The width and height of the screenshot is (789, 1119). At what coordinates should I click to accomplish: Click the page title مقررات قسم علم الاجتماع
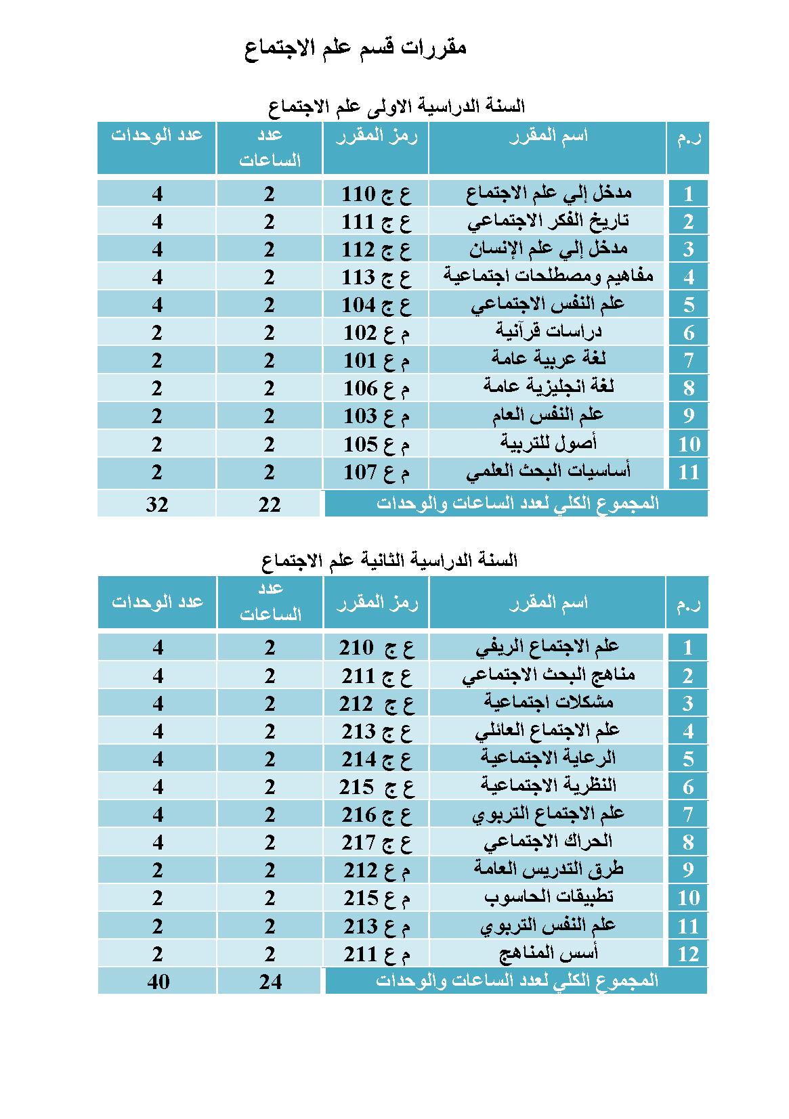tap(355, 48)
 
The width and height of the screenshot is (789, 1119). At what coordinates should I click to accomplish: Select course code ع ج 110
tap(376, 194)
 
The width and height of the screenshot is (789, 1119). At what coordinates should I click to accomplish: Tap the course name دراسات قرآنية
tap(549, 332)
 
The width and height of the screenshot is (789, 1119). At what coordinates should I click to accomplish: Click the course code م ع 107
tap(376, 472)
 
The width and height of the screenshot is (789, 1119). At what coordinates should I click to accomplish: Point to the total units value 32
tap(157, 504)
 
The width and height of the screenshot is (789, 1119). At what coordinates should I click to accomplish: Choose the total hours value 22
tap(270, 504)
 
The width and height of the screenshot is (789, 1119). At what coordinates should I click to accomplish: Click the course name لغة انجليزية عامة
tap(549, 387)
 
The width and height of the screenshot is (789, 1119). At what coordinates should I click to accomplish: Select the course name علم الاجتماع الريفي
tap(547, 647)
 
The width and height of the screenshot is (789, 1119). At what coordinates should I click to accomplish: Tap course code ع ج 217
tap(376, 842)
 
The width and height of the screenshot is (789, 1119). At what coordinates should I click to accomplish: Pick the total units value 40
tap(158, 982)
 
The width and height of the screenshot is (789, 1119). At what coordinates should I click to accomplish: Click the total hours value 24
tap(270, 982)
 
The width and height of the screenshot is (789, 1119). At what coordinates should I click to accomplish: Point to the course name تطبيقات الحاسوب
tap(549, 898)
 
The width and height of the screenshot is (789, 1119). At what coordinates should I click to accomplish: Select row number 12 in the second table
tap(688, 954)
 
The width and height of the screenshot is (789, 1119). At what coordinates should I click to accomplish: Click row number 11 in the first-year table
tap(688, 472)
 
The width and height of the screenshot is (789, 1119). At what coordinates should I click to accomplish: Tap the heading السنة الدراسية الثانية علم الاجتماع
tap(389, 561)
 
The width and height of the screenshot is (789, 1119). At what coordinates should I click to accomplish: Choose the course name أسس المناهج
tap(549, 954)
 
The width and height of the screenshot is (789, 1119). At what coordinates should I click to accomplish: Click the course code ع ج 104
tap(376, 305)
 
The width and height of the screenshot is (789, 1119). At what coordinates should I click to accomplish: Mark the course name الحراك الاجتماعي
tap(547, 842)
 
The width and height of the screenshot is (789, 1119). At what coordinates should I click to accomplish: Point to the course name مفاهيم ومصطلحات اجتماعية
tap(549, 276)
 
